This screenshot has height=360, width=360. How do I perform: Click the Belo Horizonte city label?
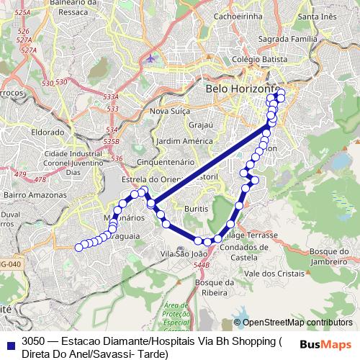point(237,89)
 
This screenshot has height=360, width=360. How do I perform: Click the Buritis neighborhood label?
point(196,207)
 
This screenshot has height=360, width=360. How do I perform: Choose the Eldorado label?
point(48,132)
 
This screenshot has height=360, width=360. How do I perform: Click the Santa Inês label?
point(318,17)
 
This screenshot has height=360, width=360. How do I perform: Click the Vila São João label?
point(184,253)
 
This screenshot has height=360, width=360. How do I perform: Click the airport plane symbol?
point(150,57)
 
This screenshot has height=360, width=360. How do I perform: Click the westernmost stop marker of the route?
point(79,248)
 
